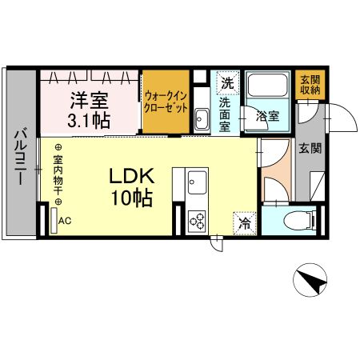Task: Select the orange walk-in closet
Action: click(x=166, y=102)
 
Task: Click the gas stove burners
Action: click(x=197, y=221)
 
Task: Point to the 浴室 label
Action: click(x=266, y=116)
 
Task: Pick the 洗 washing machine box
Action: click(x=228, y=82)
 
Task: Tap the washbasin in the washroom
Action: click(x=202, y=121)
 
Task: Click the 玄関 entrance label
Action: click(x=310, y=148)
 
